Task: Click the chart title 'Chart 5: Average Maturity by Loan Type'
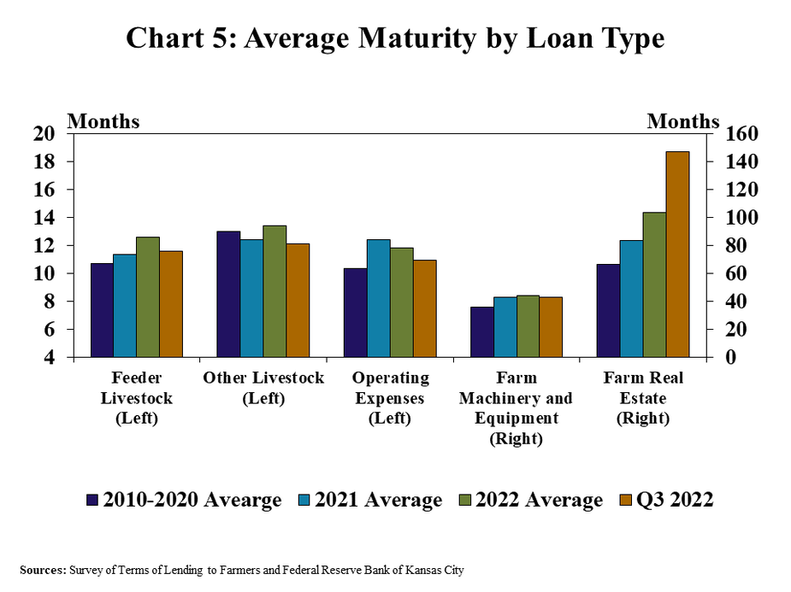pos(395,38)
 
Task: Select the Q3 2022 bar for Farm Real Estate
pos(677,254)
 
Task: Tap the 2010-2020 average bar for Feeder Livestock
pos(102,310)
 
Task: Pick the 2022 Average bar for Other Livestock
pos(274,291)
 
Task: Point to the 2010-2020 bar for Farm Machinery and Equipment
pos(481,331)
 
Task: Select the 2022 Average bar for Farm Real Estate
pos(654,284)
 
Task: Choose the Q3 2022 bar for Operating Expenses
pos(425,308)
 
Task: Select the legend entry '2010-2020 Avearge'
pos(183,500)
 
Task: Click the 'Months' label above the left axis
pos(103,121)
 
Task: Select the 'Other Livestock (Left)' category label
pos(263,388)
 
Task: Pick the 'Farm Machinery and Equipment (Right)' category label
pos(516,408)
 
